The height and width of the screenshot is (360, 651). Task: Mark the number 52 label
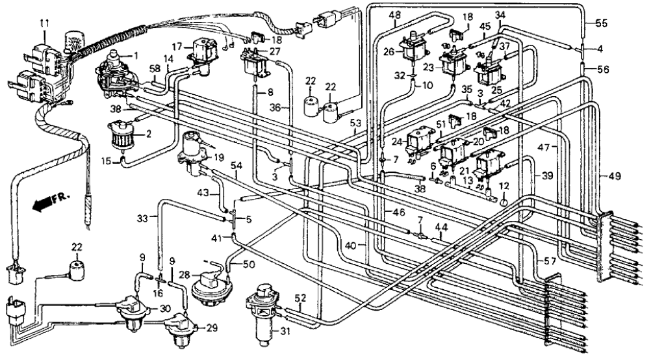(x=300, y=298)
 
